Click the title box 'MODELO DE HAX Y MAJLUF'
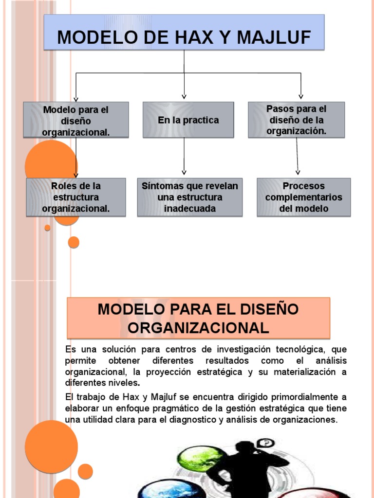click(184, 33)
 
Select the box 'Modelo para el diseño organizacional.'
click(76, 120)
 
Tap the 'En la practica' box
click(188, 120)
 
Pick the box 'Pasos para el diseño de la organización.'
click(296, 120)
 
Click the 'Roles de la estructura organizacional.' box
click(76, 197)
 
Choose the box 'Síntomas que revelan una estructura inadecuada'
click(189, 197)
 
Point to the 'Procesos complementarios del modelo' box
click(303, 197)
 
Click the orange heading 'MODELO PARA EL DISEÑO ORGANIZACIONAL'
click(198, 318)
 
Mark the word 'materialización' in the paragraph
click(303, 372)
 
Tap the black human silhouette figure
click(243, 467)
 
